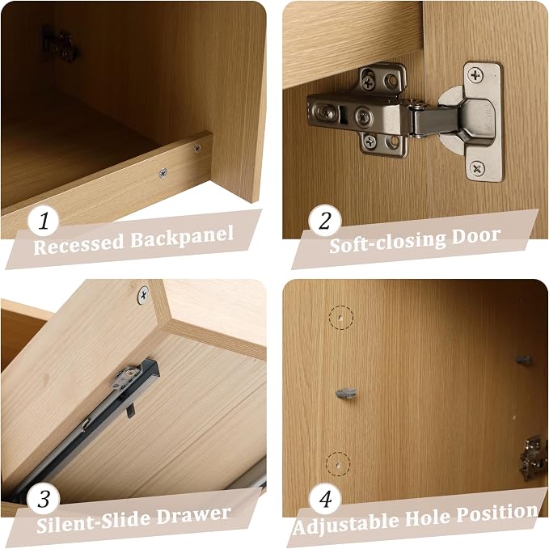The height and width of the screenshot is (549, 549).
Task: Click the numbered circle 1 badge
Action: pos(44,221)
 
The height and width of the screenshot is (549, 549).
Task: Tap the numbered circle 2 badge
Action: pos(325,221)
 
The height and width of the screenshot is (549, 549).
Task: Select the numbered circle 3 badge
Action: pos(44,499)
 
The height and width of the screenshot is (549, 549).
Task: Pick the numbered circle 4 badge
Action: pos(325,499)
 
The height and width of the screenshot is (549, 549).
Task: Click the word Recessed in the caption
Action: pos(79,243)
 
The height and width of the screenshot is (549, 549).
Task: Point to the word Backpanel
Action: pos(182,237)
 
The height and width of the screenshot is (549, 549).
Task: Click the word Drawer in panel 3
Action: pos(193,516)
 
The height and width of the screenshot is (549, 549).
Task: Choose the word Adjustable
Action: pos(347,523)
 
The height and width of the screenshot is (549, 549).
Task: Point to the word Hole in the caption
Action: pos(428,517)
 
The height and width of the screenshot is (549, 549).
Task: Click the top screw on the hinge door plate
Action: pos(475,75)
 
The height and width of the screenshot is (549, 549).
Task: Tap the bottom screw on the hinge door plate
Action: pos(476,169)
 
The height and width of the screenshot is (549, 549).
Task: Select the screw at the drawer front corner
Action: pos(142,295)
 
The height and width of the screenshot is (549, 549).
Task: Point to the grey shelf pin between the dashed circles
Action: pos(346,395)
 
